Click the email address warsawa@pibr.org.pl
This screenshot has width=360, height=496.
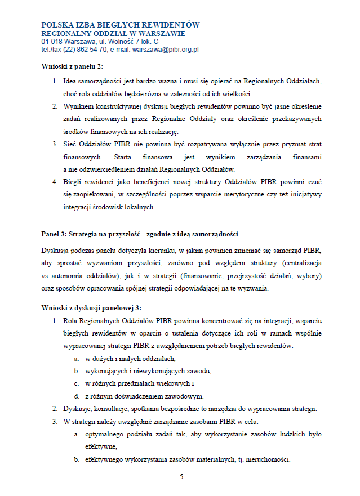(x=165, y=50)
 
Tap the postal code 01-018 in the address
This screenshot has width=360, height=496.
(x=52, y=42)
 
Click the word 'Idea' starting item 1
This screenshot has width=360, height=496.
(x=72, y=81)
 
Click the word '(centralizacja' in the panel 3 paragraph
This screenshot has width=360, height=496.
(x=300, y=262)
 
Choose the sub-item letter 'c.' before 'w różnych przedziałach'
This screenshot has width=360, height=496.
(x=76, y=383)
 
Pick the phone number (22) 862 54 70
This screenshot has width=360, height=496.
(x=87, y=50)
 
